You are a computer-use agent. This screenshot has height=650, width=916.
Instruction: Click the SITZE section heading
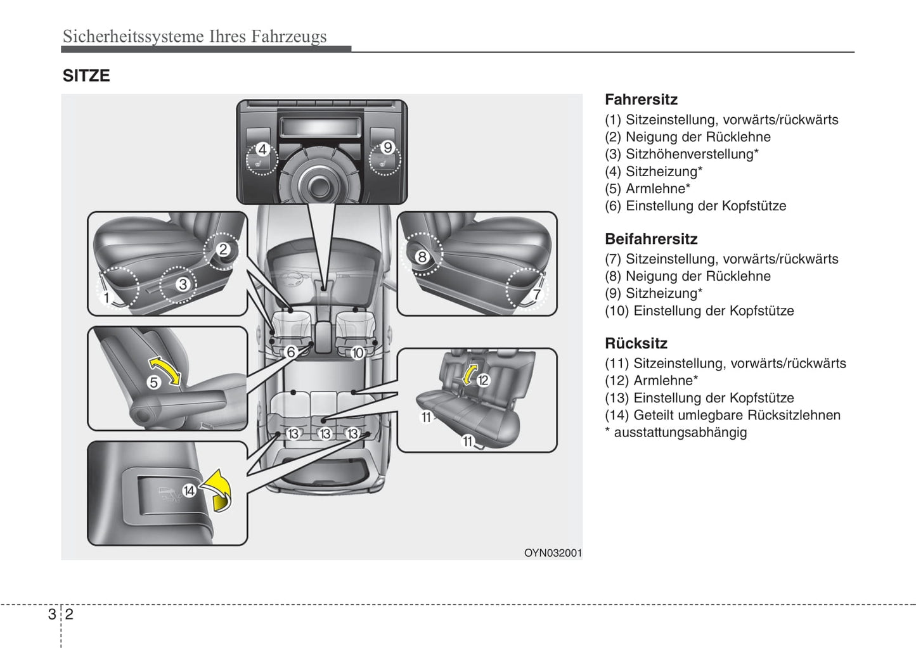tap(86, 76)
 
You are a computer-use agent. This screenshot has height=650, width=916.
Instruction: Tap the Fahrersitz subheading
tap(641, 99)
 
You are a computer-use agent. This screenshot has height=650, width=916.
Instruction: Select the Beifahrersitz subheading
tap(651, 239)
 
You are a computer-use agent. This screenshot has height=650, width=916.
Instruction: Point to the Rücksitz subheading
tap(636, 343)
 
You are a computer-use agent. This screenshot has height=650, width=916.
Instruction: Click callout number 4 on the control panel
tap(262, 150)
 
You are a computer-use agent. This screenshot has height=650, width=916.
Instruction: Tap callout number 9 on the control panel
tap(387, 148)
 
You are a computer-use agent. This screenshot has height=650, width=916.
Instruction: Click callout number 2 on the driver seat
tap(223, 250)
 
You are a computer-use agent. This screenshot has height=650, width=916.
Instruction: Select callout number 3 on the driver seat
tap(183, 284)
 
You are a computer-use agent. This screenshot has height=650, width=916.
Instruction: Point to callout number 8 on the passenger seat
tap(422, 257)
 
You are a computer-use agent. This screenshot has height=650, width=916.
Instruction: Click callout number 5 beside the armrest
tap(153, 383)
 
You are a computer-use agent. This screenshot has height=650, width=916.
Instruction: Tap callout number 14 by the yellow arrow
tap(189, 490)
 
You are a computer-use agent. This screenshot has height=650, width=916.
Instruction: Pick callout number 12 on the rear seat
tap(484, 380)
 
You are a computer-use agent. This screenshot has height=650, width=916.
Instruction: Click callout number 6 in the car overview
tap(291, 352)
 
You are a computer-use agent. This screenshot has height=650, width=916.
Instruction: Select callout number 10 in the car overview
tap(358, 353)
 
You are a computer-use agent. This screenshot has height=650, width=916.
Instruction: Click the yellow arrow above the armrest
tap(165, 369)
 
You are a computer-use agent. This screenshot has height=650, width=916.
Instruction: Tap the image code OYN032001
tap(553, 552)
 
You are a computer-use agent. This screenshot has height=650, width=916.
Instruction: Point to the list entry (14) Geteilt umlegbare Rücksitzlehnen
tap(723, 416)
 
